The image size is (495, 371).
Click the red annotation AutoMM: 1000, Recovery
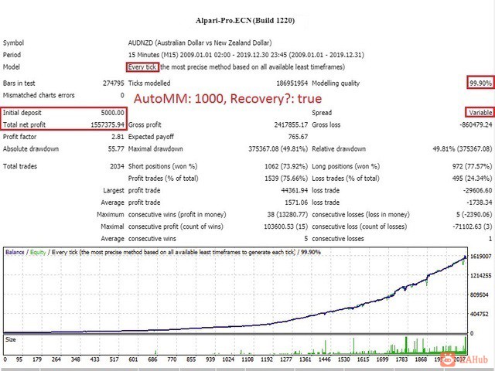pyautogui.click(x=227, y=100)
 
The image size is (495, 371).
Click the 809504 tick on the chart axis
pyautogui.click(x=480, y=294)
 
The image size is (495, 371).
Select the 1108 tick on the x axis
pyautogui.click(x=247, y=359)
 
